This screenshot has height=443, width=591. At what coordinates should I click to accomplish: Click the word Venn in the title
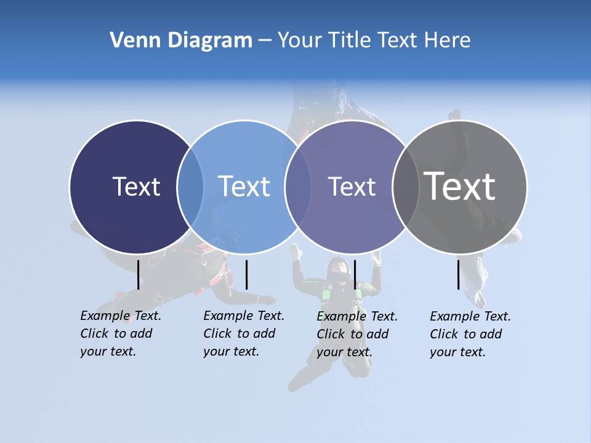tap(131, 41)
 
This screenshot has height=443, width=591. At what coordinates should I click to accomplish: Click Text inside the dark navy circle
tap(136, 186)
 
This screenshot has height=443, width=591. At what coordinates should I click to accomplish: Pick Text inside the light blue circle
tap(244, 186)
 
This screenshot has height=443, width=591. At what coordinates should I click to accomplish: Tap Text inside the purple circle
tap(352, 186)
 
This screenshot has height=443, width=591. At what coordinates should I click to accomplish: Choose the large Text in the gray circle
tap(460, 186)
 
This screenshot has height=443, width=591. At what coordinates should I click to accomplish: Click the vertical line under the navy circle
tap(139, 274)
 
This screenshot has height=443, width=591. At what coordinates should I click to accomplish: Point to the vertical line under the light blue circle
tap(246, 274)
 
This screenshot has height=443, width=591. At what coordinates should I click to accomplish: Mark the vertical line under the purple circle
tap(355, 274)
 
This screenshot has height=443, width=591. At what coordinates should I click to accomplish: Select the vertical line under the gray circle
tap(459, 274)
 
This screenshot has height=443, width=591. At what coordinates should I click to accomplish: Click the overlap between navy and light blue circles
tap(190, 186)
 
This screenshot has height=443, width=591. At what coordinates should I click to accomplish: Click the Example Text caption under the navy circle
tap(120, 333)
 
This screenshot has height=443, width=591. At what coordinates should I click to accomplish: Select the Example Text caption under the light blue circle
tap(243, 333)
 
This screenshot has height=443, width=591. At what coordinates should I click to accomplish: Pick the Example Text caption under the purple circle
tap(356, 334)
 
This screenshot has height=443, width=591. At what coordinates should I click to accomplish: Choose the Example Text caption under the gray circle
tap(470, 334)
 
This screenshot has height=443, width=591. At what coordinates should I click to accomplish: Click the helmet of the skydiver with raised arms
tap(337, 266)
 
